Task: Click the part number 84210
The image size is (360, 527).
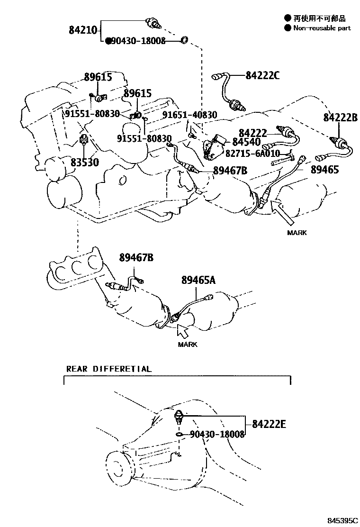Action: tap(82, 30)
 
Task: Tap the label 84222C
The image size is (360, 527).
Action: tap(262, 75)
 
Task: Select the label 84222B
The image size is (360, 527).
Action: tap(340, 118)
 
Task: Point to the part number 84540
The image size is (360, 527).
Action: tap(246, 142)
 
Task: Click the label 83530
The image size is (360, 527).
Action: tap(85, 163)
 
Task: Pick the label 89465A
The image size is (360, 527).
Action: tap(198, 280)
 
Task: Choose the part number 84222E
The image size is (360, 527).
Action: tap(269, 424)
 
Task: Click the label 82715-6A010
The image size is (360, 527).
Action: tap(252, 154)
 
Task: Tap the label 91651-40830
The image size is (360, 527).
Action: tap(190, 115)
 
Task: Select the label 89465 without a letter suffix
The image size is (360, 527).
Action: tap(325, 169)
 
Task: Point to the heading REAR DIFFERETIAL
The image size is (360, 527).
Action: tap(109, 369)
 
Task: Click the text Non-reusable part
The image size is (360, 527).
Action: tap(322, 28)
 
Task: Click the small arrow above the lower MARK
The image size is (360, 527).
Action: tap(183, 331)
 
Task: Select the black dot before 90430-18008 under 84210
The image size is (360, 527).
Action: tap(108, 41)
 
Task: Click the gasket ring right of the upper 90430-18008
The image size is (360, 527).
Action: tap(184, 40)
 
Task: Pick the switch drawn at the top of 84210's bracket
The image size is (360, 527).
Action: tap(154, 23)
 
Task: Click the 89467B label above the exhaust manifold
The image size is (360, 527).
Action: tap(136, 258)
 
